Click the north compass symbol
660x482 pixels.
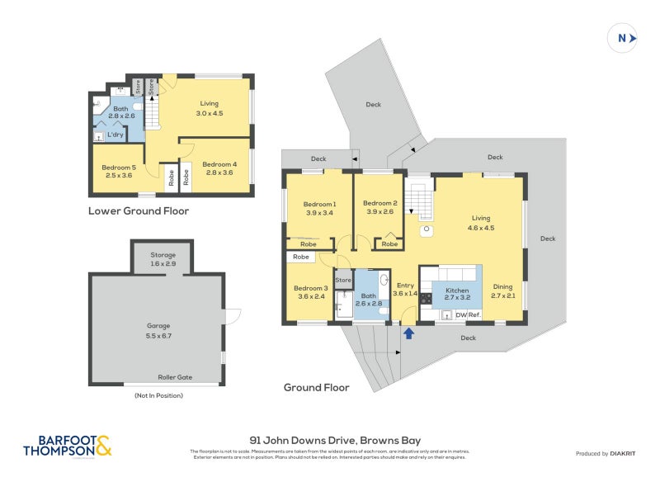click(624, 38)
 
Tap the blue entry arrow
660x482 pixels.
click(407, 333)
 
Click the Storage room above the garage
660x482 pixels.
click(163, 259)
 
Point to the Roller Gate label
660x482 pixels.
click(175, 377)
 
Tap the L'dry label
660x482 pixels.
click(115, 135)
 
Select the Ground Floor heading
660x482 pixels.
click(317, 387)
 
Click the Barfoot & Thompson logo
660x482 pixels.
click(67, 446)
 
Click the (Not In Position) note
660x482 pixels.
click(158, 396)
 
